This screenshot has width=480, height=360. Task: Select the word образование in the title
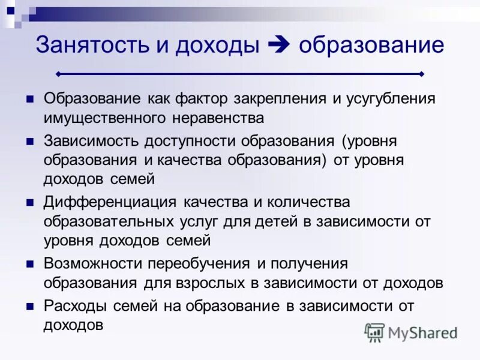tap(371, 45)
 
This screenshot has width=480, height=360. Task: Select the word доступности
tap(191, 142)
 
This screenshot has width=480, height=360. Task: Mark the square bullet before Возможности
tap(29, 264)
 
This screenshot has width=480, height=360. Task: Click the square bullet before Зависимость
tap(29, 142)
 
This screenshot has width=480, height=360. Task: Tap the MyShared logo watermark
tap(411, 332)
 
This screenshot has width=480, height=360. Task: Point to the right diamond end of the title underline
tap(422, 74)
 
